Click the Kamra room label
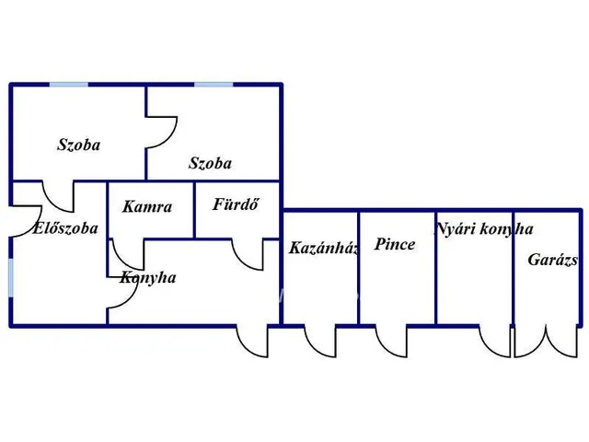coord(147,207)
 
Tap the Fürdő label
coord(235,204)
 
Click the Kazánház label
coord(323,248)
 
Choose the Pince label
coord(395,245)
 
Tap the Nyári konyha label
coord(484,229)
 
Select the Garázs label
coord(552,260)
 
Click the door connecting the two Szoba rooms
coord(161,130)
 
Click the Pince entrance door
coord(391,341)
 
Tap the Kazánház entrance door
coord(320,341)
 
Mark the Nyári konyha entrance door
coord(495,341)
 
